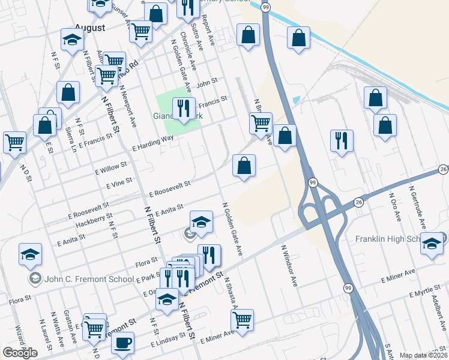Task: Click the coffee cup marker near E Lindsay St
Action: (x=123, y=343)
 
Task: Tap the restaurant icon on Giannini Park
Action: (x=183, y=109)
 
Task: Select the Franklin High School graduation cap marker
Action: (x=431, y=243)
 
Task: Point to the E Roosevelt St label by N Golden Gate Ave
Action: (x=170, y=189)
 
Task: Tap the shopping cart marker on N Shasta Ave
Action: (x=242, y=320)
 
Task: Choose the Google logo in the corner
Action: (x=20, y=353)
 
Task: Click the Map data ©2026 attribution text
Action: (x=423, y=355)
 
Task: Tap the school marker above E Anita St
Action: (x=202, y=222)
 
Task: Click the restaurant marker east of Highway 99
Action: (x=342, y=141)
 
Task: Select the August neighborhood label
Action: (x=89, y=28)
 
